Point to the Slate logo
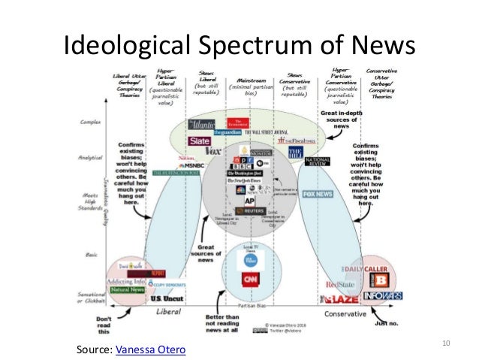pos(200,141)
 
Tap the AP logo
pos(250,202)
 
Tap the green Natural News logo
pos(127,289)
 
